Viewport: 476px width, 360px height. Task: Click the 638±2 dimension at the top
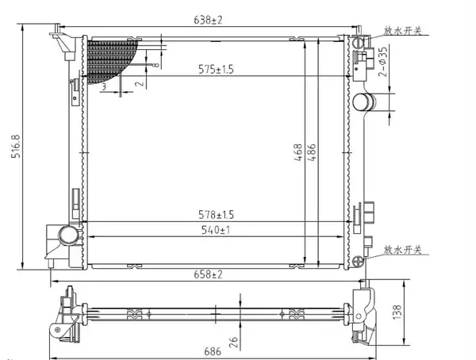(208, 20)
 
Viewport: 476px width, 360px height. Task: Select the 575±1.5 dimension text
(216, 69)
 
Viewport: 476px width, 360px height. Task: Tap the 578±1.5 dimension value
(216, 215)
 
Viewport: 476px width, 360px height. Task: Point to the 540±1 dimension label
(216, 230)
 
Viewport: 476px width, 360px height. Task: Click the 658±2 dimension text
(208, 274)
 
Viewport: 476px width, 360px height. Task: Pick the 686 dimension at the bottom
(213, 351)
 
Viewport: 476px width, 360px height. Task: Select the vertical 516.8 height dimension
(16, 147)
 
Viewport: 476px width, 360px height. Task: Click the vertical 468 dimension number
(298, 152)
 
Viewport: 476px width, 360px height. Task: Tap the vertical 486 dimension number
(312, 152)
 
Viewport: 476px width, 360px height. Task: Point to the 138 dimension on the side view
(397, 312)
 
